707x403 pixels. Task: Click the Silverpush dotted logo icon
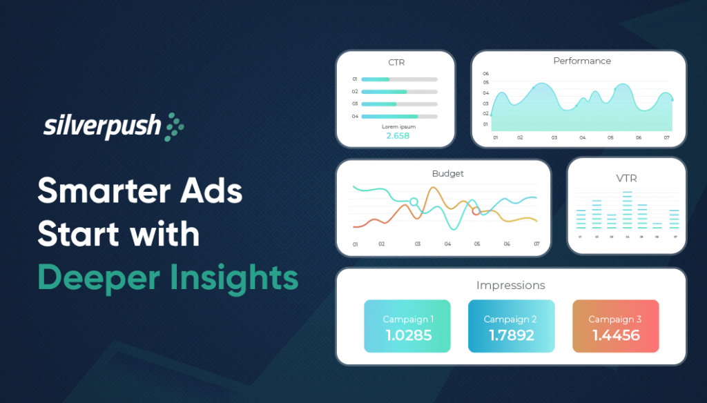click(x=174, y=127)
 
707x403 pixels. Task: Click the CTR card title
click(x=396, y=62)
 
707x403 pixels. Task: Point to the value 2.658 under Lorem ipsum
click(x=398, y=136)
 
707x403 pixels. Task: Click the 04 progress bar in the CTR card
click(x=399, y=117)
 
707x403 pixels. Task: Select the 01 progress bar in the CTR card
click(x=399, y=79)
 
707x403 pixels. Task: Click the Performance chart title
click(x=582, y=61)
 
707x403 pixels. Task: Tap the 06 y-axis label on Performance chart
click(x=486, y=73)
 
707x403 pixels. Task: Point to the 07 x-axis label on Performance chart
click(x=667, y=138)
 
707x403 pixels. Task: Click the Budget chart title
click(x=448, y=173)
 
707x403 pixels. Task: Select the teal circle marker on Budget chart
click(x=414, y=201)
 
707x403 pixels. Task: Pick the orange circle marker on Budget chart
click(x=476, y=211)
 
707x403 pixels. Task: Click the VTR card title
click(x=626, y=178)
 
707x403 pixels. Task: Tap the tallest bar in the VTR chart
click(x=627, y=210)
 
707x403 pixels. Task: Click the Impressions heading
click(x=510, y=285)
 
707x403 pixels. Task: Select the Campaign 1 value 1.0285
click(x=407, y=335)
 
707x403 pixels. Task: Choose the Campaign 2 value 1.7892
click(x=511, y=335)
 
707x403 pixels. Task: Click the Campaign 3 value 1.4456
click(x=615, y=335)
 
